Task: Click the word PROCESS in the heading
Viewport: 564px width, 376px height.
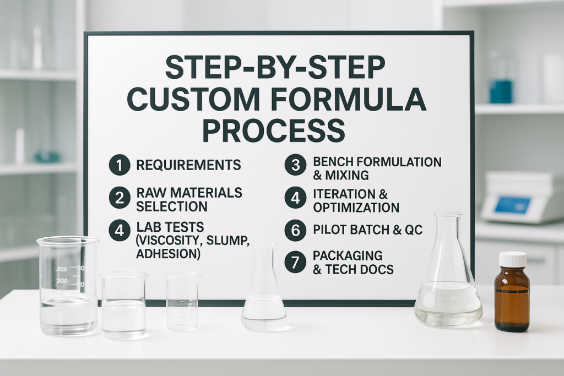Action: point(274,131)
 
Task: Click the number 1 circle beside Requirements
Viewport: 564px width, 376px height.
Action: point(120,165)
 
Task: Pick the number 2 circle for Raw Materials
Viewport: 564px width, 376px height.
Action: point(120,198)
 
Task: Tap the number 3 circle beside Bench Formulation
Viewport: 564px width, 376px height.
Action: point(295,165)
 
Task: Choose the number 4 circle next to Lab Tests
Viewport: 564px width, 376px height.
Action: point(120,231)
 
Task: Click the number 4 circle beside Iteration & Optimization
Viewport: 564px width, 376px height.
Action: point(295,198)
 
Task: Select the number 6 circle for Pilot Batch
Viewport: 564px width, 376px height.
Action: point(295,230)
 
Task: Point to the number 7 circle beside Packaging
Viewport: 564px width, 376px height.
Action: point(295,262)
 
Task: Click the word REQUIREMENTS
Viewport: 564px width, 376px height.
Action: point(188,165)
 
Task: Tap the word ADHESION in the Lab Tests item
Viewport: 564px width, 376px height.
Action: point(168,254)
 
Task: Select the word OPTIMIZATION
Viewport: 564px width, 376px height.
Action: point(356,208)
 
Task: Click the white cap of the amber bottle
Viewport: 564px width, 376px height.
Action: point(513,259)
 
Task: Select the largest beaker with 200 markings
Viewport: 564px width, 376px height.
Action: point(68,286)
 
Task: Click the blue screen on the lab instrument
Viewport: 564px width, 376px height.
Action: point(512,204)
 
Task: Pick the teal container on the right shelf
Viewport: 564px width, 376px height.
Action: point(501,92)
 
